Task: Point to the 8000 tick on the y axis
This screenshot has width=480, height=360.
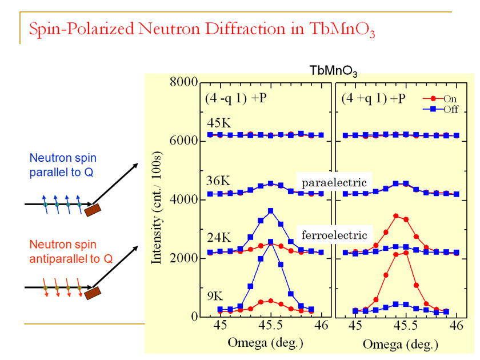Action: tap(183, 82)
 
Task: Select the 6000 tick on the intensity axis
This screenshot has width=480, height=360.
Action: tap(183, 141)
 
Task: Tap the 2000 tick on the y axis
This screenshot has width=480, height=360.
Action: tap(183, 258)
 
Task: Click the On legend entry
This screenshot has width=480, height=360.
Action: tap(442, 98)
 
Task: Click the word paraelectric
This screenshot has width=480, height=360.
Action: tap(334, 182)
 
